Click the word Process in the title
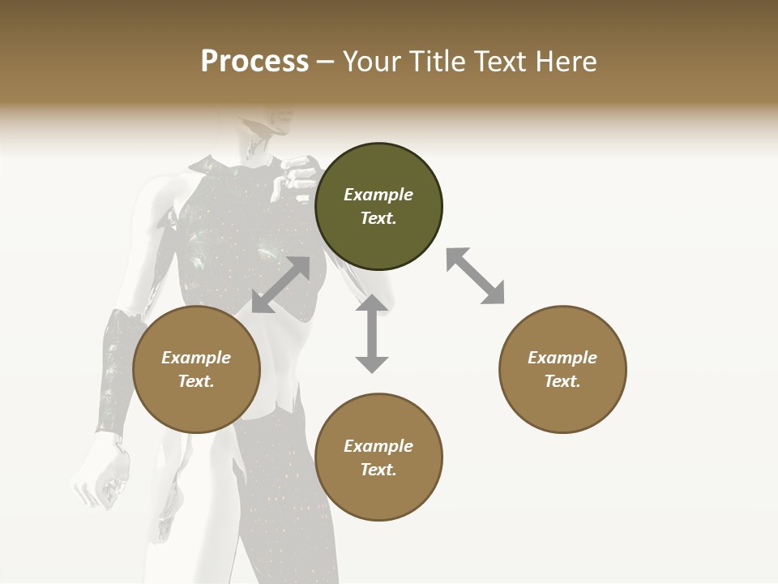tap(254, 62)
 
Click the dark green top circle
tap(378, 206)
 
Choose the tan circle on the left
tap(196, 369)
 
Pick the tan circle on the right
tap(562, 369)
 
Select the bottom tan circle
tap(378, 457)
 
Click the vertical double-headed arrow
tap(372, 333)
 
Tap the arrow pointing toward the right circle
tap(475, 276)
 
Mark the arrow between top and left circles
tap(280, 285)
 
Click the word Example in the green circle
tap(378, 195)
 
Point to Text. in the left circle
tap(196, 381)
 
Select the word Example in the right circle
tap(562, 358)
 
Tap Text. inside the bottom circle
tap(378, 470)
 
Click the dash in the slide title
tap(326, 62)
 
